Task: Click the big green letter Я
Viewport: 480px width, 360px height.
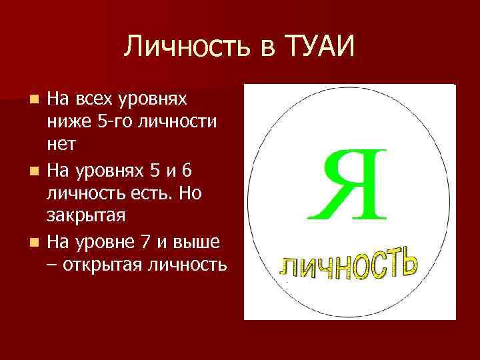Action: point(347,184)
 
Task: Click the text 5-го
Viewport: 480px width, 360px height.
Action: point(111,122)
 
